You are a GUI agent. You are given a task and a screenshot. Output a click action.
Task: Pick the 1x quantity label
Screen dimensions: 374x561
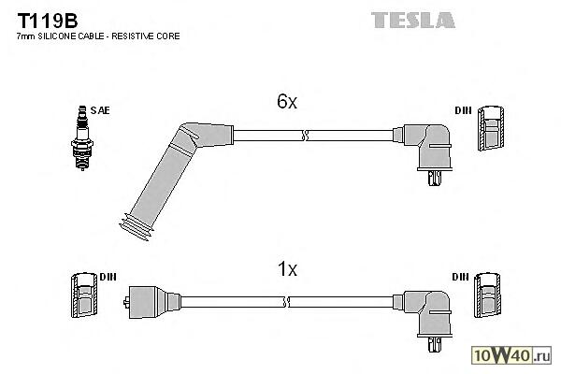click(x=286, y=270)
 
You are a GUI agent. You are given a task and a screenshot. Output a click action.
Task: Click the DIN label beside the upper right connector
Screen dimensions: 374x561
click(x=463, y=111)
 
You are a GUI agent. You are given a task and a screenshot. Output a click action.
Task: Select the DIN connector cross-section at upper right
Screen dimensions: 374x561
click(x=491, y=127)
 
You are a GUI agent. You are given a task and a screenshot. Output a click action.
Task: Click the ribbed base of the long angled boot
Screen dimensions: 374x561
click(x=136, y=226)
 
